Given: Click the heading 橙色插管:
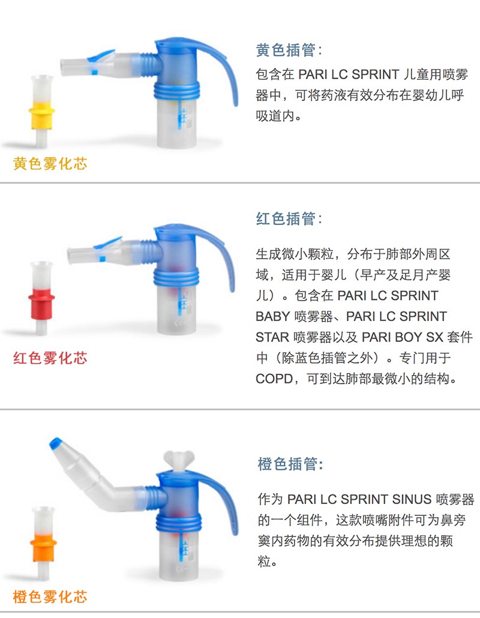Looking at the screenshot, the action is click(290, 464).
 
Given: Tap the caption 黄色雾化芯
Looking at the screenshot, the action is click(50, 163).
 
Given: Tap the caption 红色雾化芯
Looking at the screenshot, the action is click(50, 358).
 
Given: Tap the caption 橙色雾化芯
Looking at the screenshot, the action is click(50, 596).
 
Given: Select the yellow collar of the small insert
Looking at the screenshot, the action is click(41, 115).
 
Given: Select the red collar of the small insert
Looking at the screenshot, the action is click(41, 304).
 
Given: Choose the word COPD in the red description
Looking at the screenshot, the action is click(274, 379).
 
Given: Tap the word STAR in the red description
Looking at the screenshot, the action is click(272, 337).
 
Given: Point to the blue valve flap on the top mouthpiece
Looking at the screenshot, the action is click(101, 57).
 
